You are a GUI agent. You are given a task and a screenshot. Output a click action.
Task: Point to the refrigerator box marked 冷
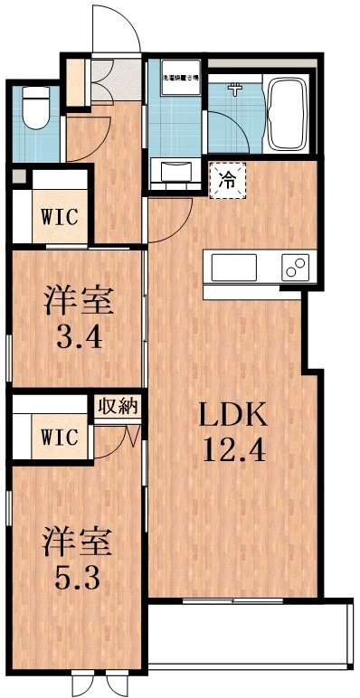[x=227, y=178]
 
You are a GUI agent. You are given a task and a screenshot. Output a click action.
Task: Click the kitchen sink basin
[x=234, y=268]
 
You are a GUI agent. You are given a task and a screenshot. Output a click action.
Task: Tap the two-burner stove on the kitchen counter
[x=294, y=267]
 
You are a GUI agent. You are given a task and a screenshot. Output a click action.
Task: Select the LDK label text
[x=232, y=418]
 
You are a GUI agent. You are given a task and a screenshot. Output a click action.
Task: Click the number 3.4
[x=77, y=341]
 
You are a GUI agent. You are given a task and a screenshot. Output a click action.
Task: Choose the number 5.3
[x=77, y=577]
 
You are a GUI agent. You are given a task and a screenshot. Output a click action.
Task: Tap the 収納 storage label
[x=118, y=406]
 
